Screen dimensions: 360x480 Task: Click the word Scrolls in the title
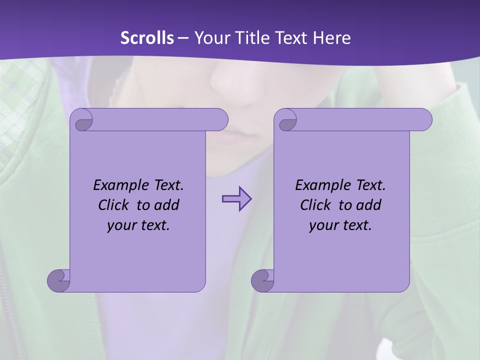pyautogui.click(x=147, y=38)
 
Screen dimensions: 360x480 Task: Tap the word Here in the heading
pyautogui.click(x=332, y=38)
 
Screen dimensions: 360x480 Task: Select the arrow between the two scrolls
pyautogui.click(x=236, y=199)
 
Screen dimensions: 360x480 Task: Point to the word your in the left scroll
pyautogui.click(x=120, y=225)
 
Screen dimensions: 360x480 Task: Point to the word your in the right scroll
pyautogui.click(x=322, y=225)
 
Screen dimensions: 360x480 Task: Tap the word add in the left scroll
pyautogui.click(x=166, y=205)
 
